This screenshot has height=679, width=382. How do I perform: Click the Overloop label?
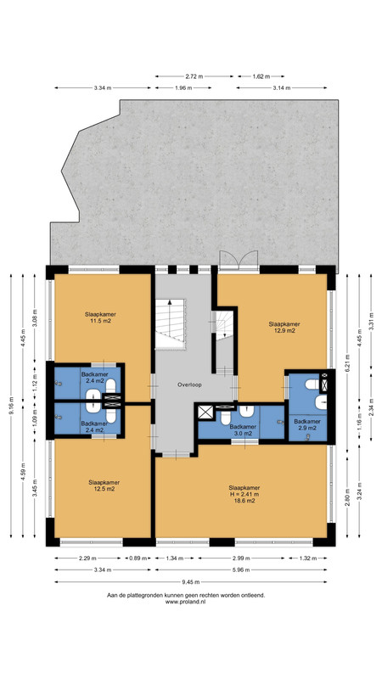point(189,384)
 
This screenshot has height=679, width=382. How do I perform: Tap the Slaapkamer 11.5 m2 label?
point(100,317)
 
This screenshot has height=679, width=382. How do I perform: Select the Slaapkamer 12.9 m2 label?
point(284,327)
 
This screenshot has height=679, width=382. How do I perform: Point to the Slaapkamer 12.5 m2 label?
point(104,485)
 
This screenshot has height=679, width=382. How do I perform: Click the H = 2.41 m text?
point(244,494)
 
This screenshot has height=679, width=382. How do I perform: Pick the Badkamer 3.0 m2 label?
point(243,429)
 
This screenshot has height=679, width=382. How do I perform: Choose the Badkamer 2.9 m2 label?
point(307,424)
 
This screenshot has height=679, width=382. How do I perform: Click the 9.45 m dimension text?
point(190,582)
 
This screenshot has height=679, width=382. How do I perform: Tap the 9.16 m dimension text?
point(11,406)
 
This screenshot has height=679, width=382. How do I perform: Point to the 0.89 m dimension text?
point(138,558)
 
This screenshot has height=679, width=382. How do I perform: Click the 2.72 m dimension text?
point(194,76)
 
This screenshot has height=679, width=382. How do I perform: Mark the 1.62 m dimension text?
point(261,76)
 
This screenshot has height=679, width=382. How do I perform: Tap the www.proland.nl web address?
point(185,602)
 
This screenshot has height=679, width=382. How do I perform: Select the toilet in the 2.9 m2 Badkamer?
point(312,384)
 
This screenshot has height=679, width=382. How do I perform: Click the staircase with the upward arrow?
point(171,323)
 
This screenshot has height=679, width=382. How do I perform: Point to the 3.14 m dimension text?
point(282,88)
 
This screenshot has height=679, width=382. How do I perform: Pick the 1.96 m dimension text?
point(183,88)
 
